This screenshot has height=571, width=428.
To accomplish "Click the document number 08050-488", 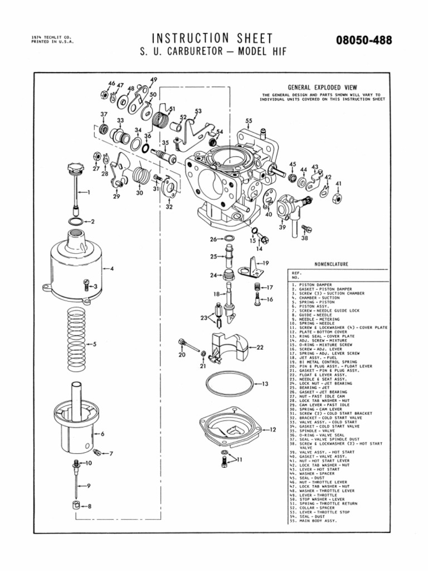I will click(364, 41).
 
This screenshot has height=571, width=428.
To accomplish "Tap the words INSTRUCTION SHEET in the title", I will click(212, 38).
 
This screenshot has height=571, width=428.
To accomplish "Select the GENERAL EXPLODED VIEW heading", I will click(322, 88).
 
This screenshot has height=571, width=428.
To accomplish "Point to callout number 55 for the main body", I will click(249, 120).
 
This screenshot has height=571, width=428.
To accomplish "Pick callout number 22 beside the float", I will click(259, 347).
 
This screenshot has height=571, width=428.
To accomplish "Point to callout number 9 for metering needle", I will click(88, 486).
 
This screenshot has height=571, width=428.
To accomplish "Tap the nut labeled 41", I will click(338, 198).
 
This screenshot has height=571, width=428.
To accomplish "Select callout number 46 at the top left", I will click(111, 84).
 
